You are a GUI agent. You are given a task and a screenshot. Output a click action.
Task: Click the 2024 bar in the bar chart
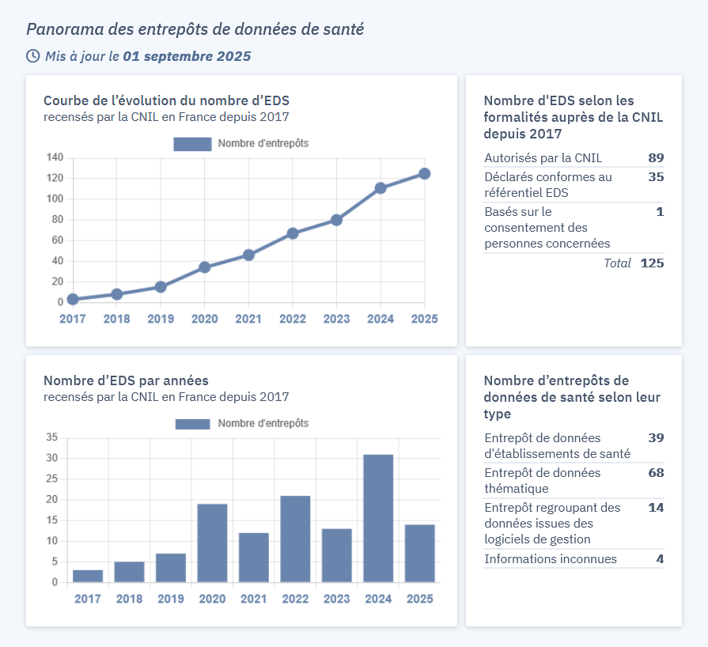[378, 518]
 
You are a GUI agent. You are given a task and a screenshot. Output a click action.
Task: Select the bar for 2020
[212, 543]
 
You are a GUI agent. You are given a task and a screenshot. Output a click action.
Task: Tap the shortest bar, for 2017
[88, 575]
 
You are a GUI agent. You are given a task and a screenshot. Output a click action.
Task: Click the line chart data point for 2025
[424, 174]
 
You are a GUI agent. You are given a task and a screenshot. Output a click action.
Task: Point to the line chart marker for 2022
[293, 233]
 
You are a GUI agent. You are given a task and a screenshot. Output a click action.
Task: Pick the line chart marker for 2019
[161, 287]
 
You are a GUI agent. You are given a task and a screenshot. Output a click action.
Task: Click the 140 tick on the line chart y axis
[55, 157]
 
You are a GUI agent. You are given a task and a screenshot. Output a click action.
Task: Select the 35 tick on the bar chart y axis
[52, 437]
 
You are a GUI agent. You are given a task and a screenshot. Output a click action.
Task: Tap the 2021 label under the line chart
[248, 319]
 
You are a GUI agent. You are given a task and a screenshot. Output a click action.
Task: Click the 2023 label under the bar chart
[337, 599]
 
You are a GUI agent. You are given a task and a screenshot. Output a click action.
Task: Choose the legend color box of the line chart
[192, 144]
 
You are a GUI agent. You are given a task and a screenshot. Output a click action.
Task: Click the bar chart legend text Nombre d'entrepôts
[263, 423]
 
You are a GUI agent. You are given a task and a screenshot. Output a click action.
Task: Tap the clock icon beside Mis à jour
[32, 56]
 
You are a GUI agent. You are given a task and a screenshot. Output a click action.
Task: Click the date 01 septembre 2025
[187, 56]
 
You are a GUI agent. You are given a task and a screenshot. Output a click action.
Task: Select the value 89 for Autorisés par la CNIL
[655, 157]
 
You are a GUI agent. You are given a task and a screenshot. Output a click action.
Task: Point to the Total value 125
[652, 263]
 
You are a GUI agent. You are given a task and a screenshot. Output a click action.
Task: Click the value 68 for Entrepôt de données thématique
[655, 473]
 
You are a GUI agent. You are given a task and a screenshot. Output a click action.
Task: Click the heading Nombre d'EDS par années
[126, 380]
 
